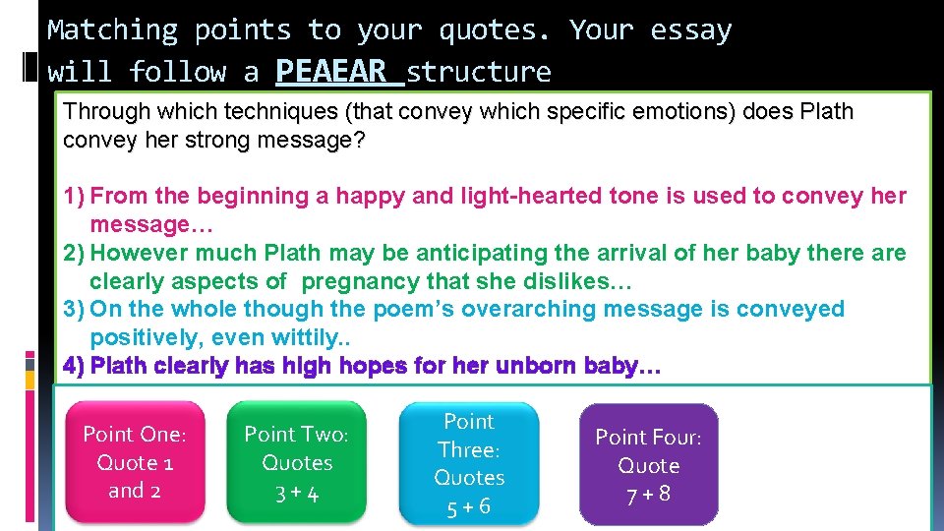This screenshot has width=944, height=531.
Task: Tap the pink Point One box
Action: pos(134,463)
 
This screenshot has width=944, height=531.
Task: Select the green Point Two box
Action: pos(297,463)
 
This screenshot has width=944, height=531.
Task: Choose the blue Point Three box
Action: pos(469,463)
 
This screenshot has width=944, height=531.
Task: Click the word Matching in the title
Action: pos(112,30)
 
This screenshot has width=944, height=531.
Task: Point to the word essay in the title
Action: pos(690,30)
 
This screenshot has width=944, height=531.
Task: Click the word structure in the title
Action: pos(479,72)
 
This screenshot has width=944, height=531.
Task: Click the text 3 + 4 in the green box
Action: pos(297,494)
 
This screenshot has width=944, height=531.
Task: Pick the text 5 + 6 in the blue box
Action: pos(469,507)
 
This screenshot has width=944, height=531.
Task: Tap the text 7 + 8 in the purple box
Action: pos(648,494)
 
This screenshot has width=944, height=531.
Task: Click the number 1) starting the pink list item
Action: pos(74,196)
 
